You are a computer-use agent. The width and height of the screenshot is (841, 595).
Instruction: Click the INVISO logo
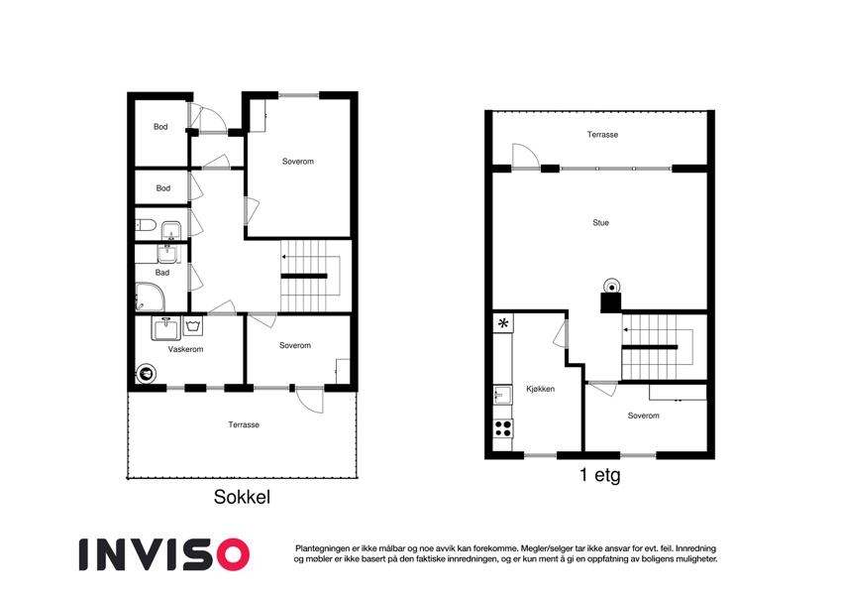pyautogui.click(x=164, y=554)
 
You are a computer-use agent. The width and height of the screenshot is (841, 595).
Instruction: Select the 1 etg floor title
pyautogui.click(x=599, y=475)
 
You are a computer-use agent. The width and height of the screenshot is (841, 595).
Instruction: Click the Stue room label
pyautogui.click(x=600, y=222)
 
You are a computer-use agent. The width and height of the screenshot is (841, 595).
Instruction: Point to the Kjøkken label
pyautogui.click(x=540, y=389)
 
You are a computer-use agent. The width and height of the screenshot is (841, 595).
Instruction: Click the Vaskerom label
pyautogui.click(x=185, y=349)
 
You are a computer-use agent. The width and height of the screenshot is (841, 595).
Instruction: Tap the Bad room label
pyautogui.click(x=162, y=273)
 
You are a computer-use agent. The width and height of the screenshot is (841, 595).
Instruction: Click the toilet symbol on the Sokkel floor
pyautogui.click(x=146, y=225)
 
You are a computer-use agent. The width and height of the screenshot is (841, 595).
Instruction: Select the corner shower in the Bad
pyautogui.click(x=150, y=297)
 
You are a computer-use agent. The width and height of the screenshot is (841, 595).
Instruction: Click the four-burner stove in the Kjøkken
pyautogui.click(x=502, y=428)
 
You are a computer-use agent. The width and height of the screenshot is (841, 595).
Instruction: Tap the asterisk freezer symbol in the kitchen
pyautogui.click(x=503, y=323)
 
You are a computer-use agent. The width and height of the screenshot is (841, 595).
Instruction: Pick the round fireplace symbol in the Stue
pyautogui.click(x=611, y=286)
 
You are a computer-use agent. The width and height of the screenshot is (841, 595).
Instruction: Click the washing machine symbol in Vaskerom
pyautogui.click(x=193, y=326)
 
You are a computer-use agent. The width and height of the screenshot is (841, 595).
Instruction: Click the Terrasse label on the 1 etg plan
pyautogui.click(x=602, y=134)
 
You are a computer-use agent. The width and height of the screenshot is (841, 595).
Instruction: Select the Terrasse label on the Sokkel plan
pyautogui.click(x=244, y=424)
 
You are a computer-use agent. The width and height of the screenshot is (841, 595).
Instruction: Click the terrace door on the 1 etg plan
pyautogui.click(x=526, y=157)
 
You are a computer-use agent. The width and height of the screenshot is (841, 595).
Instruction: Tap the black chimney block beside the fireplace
pyautogui.click(x=611, y=302)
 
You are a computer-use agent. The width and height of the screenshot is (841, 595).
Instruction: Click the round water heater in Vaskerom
pyautogui.click(x=146, y=373)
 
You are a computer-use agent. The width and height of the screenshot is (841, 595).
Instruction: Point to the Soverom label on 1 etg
pyautogui.click(x=644, y=416)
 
